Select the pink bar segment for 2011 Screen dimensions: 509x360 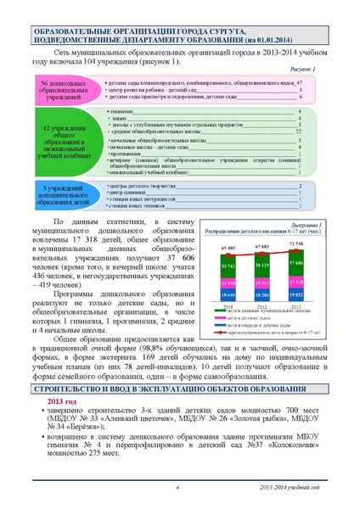click(228, 282)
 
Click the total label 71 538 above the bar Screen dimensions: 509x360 click(296, 243)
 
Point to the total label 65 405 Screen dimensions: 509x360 click(228, 248)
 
